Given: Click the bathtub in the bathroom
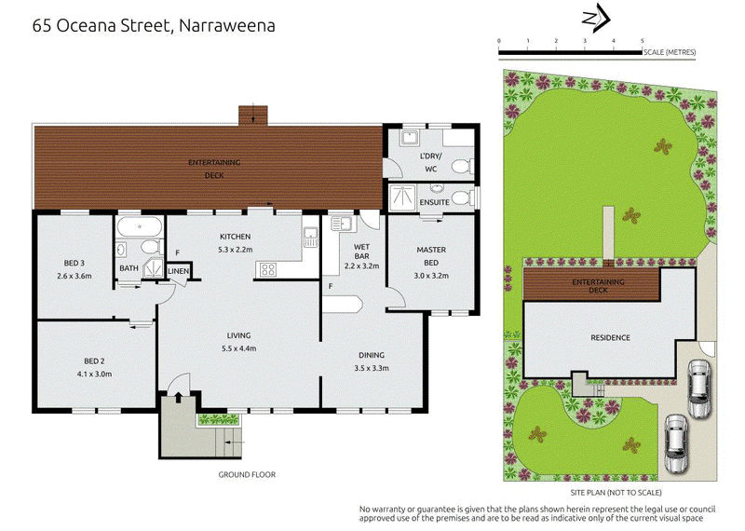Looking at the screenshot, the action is (140, 226).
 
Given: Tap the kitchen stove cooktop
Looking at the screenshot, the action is (268, 269).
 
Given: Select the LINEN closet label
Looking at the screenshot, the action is (178, 271).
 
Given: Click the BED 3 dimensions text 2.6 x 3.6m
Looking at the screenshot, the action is (74, 276).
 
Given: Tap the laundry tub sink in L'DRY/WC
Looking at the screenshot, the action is (409, 138).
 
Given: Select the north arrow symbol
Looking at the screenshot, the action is (596, 18).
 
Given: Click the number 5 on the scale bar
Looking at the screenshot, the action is (643, 41).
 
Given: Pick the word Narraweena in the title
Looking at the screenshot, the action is (227, 25).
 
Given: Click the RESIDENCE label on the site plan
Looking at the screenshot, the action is (610, 337).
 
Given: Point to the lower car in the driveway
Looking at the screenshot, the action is (676, 443).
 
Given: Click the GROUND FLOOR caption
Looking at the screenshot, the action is (247, 474).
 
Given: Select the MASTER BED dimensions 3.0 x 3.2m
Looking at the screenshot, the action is (431, 275).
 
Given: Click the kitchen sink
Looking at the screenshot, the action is (311, 237).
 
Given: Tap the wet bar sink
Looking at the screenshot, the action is (341, 224).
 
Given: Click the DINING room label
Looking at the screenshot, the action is (372, 355).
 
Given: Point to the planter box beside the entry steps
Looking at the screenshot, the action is (219, 419).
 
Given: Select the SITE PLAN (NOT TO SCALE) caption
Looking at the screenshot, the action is (616, 493).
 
